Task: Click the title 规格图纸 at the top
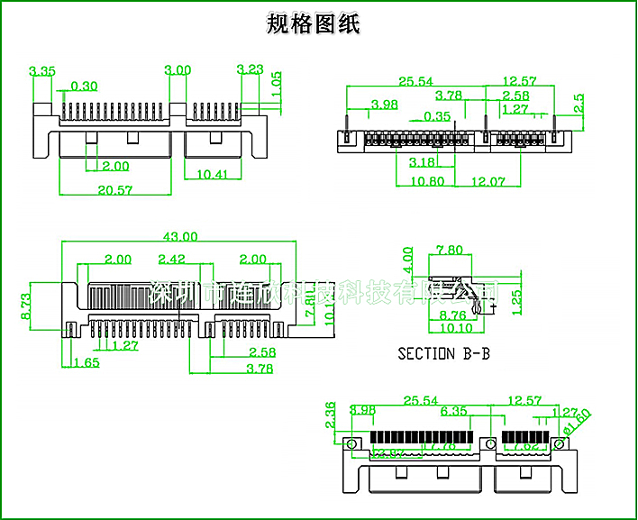click(x=314, y=24)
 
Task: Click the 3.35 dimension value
click(x=42, y=70)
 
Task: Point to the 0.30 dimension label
click(x=84, y=87)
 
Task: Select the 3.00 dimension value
click(x=178, y=70)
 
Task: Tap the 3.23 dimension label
click(x=250, y=69)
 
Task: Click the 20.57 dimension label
click(x=114, y=189)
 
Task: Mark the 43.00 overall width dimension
click(x=179, y=237)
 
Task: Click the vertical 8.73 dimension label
click(x=26, y=306)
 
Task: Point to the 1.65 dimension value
click(x=86, y=362)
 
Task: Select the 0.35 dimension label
click(x=437, y=116)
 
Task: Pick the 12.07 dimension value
click(x=488, y=181)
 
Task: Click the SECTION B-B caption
click(x=444, y=353)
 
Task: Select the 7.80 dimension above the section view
click(x=450, y=250)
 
